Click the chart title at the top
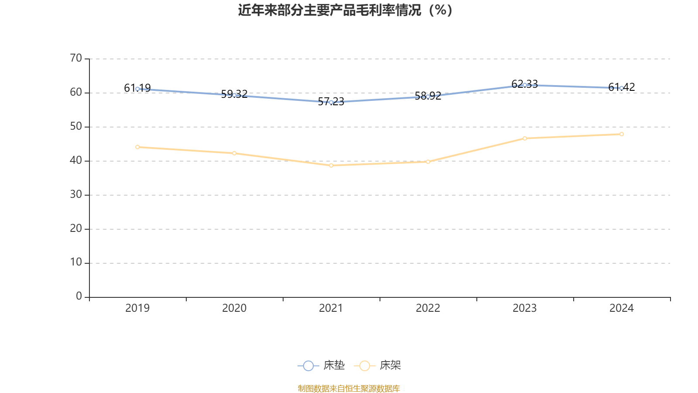coord(346,10)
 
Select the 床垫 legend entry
coord(322,365)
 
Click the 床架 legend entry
coord(378,365)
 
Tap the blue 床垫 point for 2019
coord(137,89)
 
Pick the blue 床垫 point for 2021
coord(331,102)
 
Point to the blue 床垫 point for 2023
coord(525,85)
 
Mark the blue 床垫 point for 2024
coord(622,88)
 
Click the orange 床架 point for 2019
coord(137,147)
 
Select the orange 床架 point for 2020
coord(234,153)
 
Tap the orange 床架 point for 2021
coord(331,165)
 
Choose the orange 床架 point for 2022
coord(428,162)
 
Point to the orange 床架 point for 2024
coord(622,134)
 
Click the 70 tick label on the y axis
coord(76,58)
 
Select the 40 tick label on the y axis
coord(76,160)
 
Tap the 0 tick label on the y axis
coord(79,296)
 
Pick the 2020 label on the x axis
coord(234,308)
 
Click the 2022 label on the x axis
coord(428,308)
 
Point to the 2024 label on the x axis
coord(622,308)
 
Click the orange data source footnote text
coord(349,389)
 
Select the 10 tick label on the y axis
coord(76,262)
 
